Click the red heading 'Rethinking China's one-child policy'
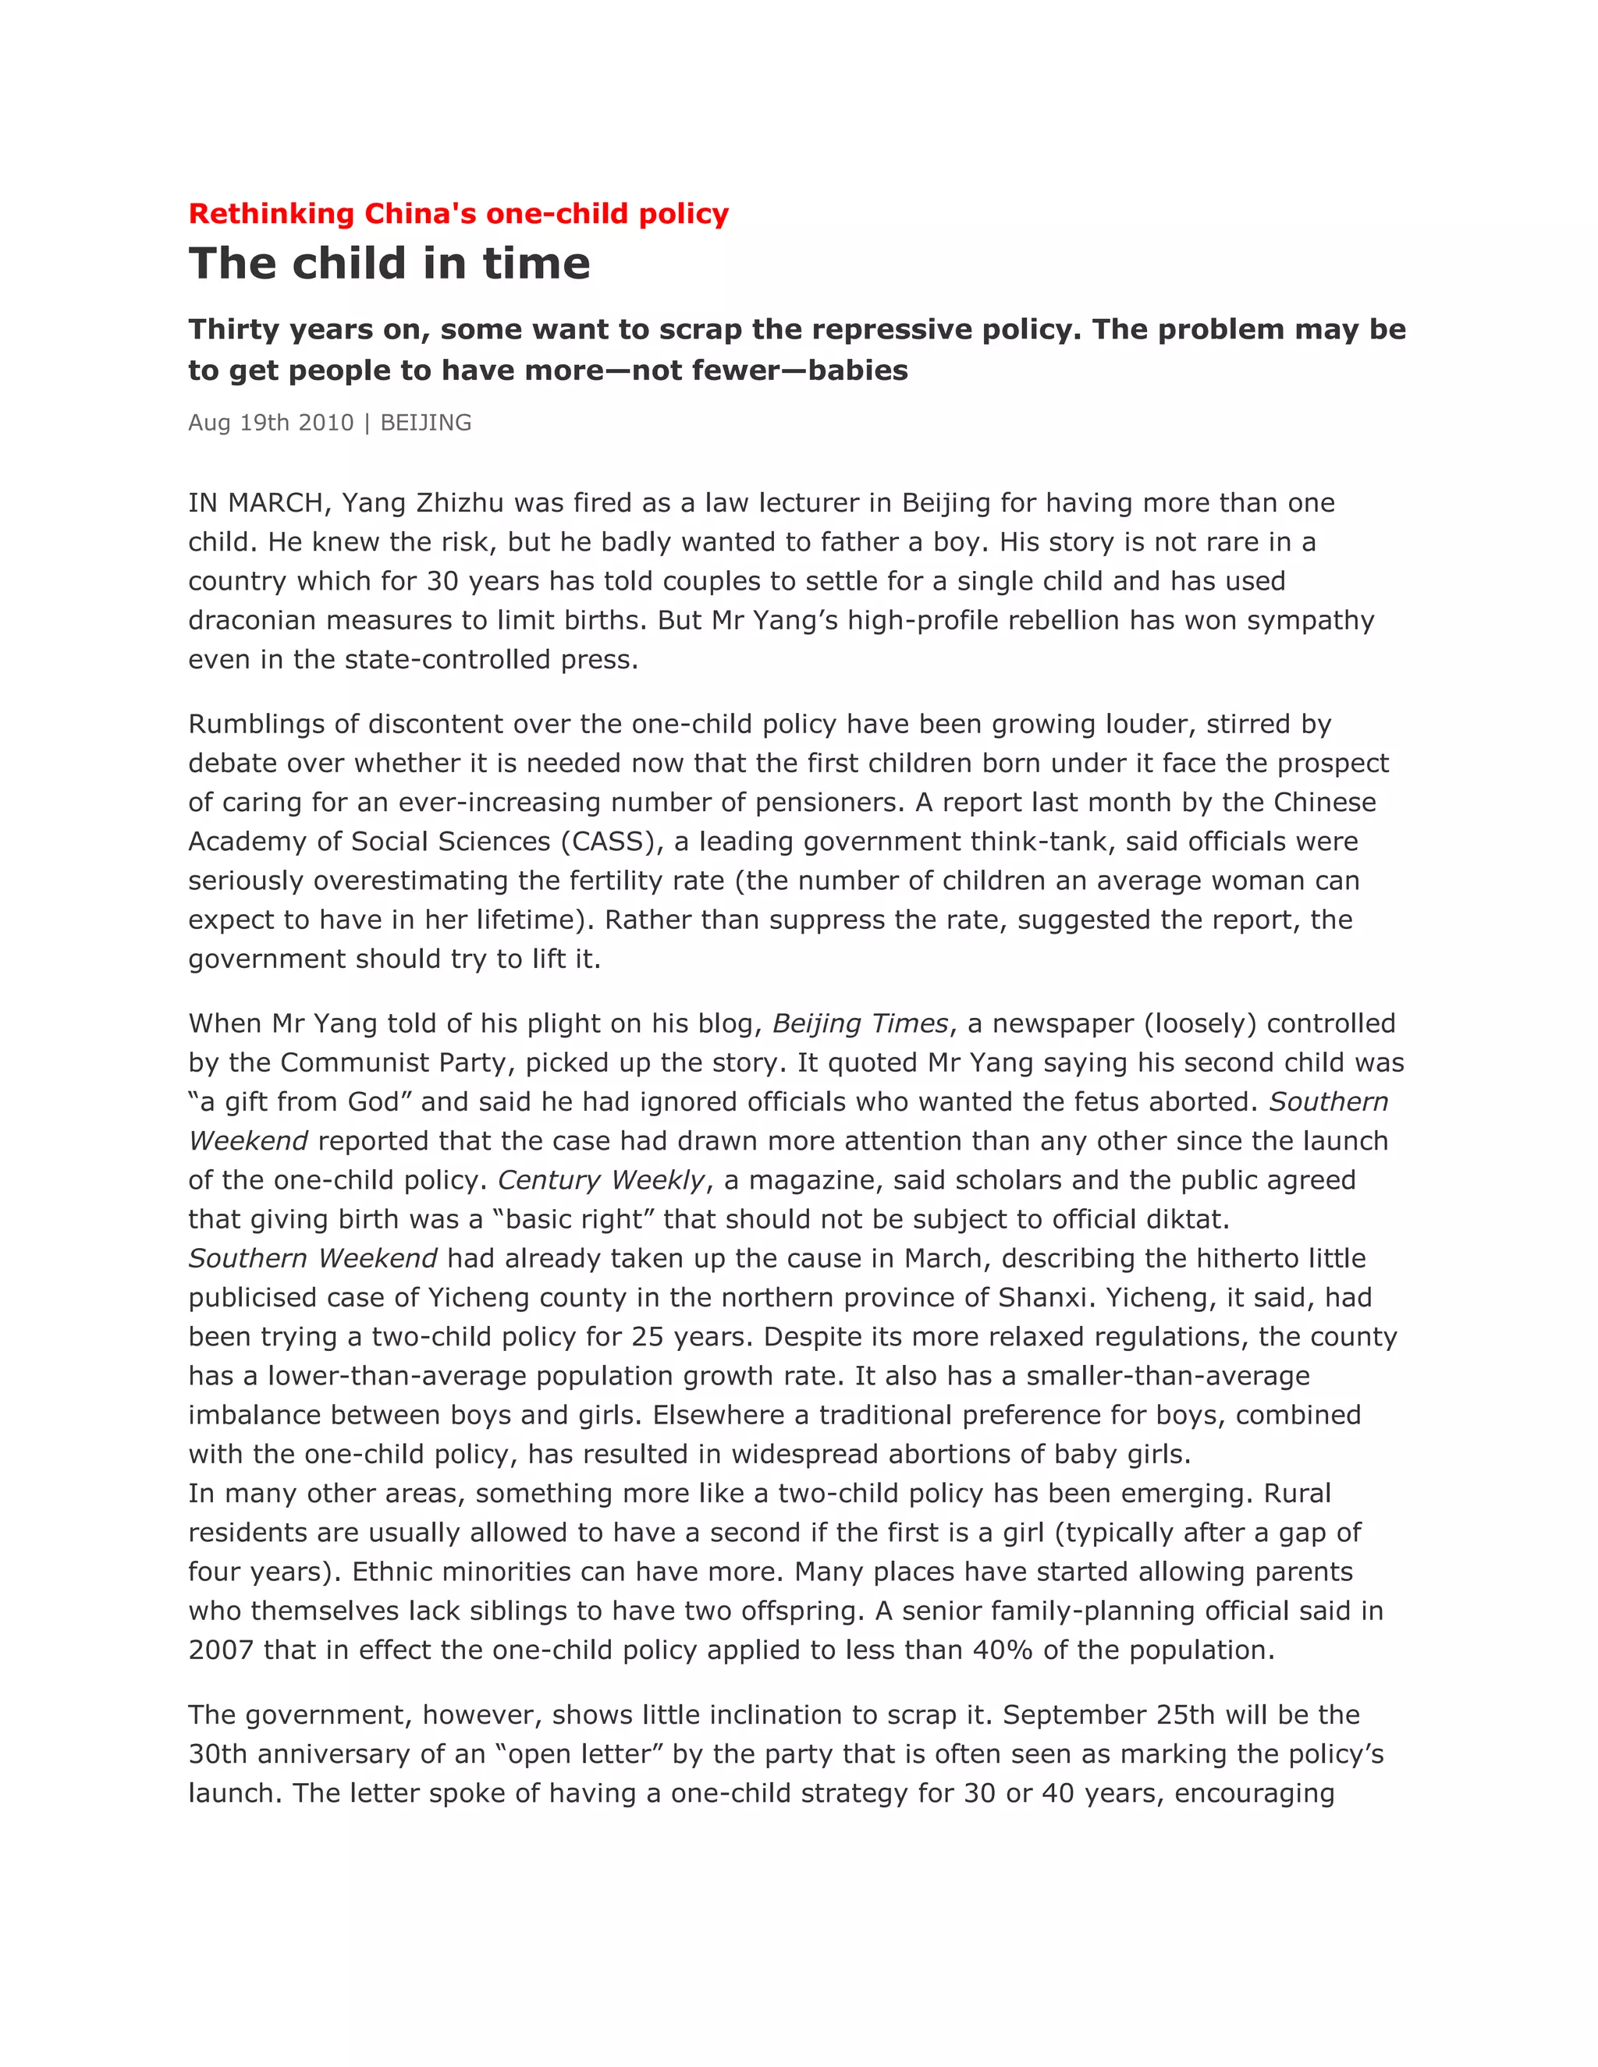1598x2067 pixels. pyautogui.click(x=458, y=214)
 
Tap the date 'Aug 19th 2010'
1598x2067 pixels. pyautogui.click(x=271, y=422)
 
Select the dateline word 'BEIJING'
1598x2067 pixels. pyautogui.click(x=425, y=422)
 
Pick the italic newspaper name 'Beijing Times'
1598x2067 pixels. pyautogui.click(x=860, y=1023)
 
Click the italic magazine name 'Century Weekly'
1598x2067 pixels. pyautogui.click(x=601, y=1180)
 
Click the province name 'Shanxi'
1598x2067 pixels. pyautogui.click(x=1042, y=1298)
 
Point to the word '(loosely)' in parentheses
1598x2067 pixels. pyautogui.click(x=1199, y=1023)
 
